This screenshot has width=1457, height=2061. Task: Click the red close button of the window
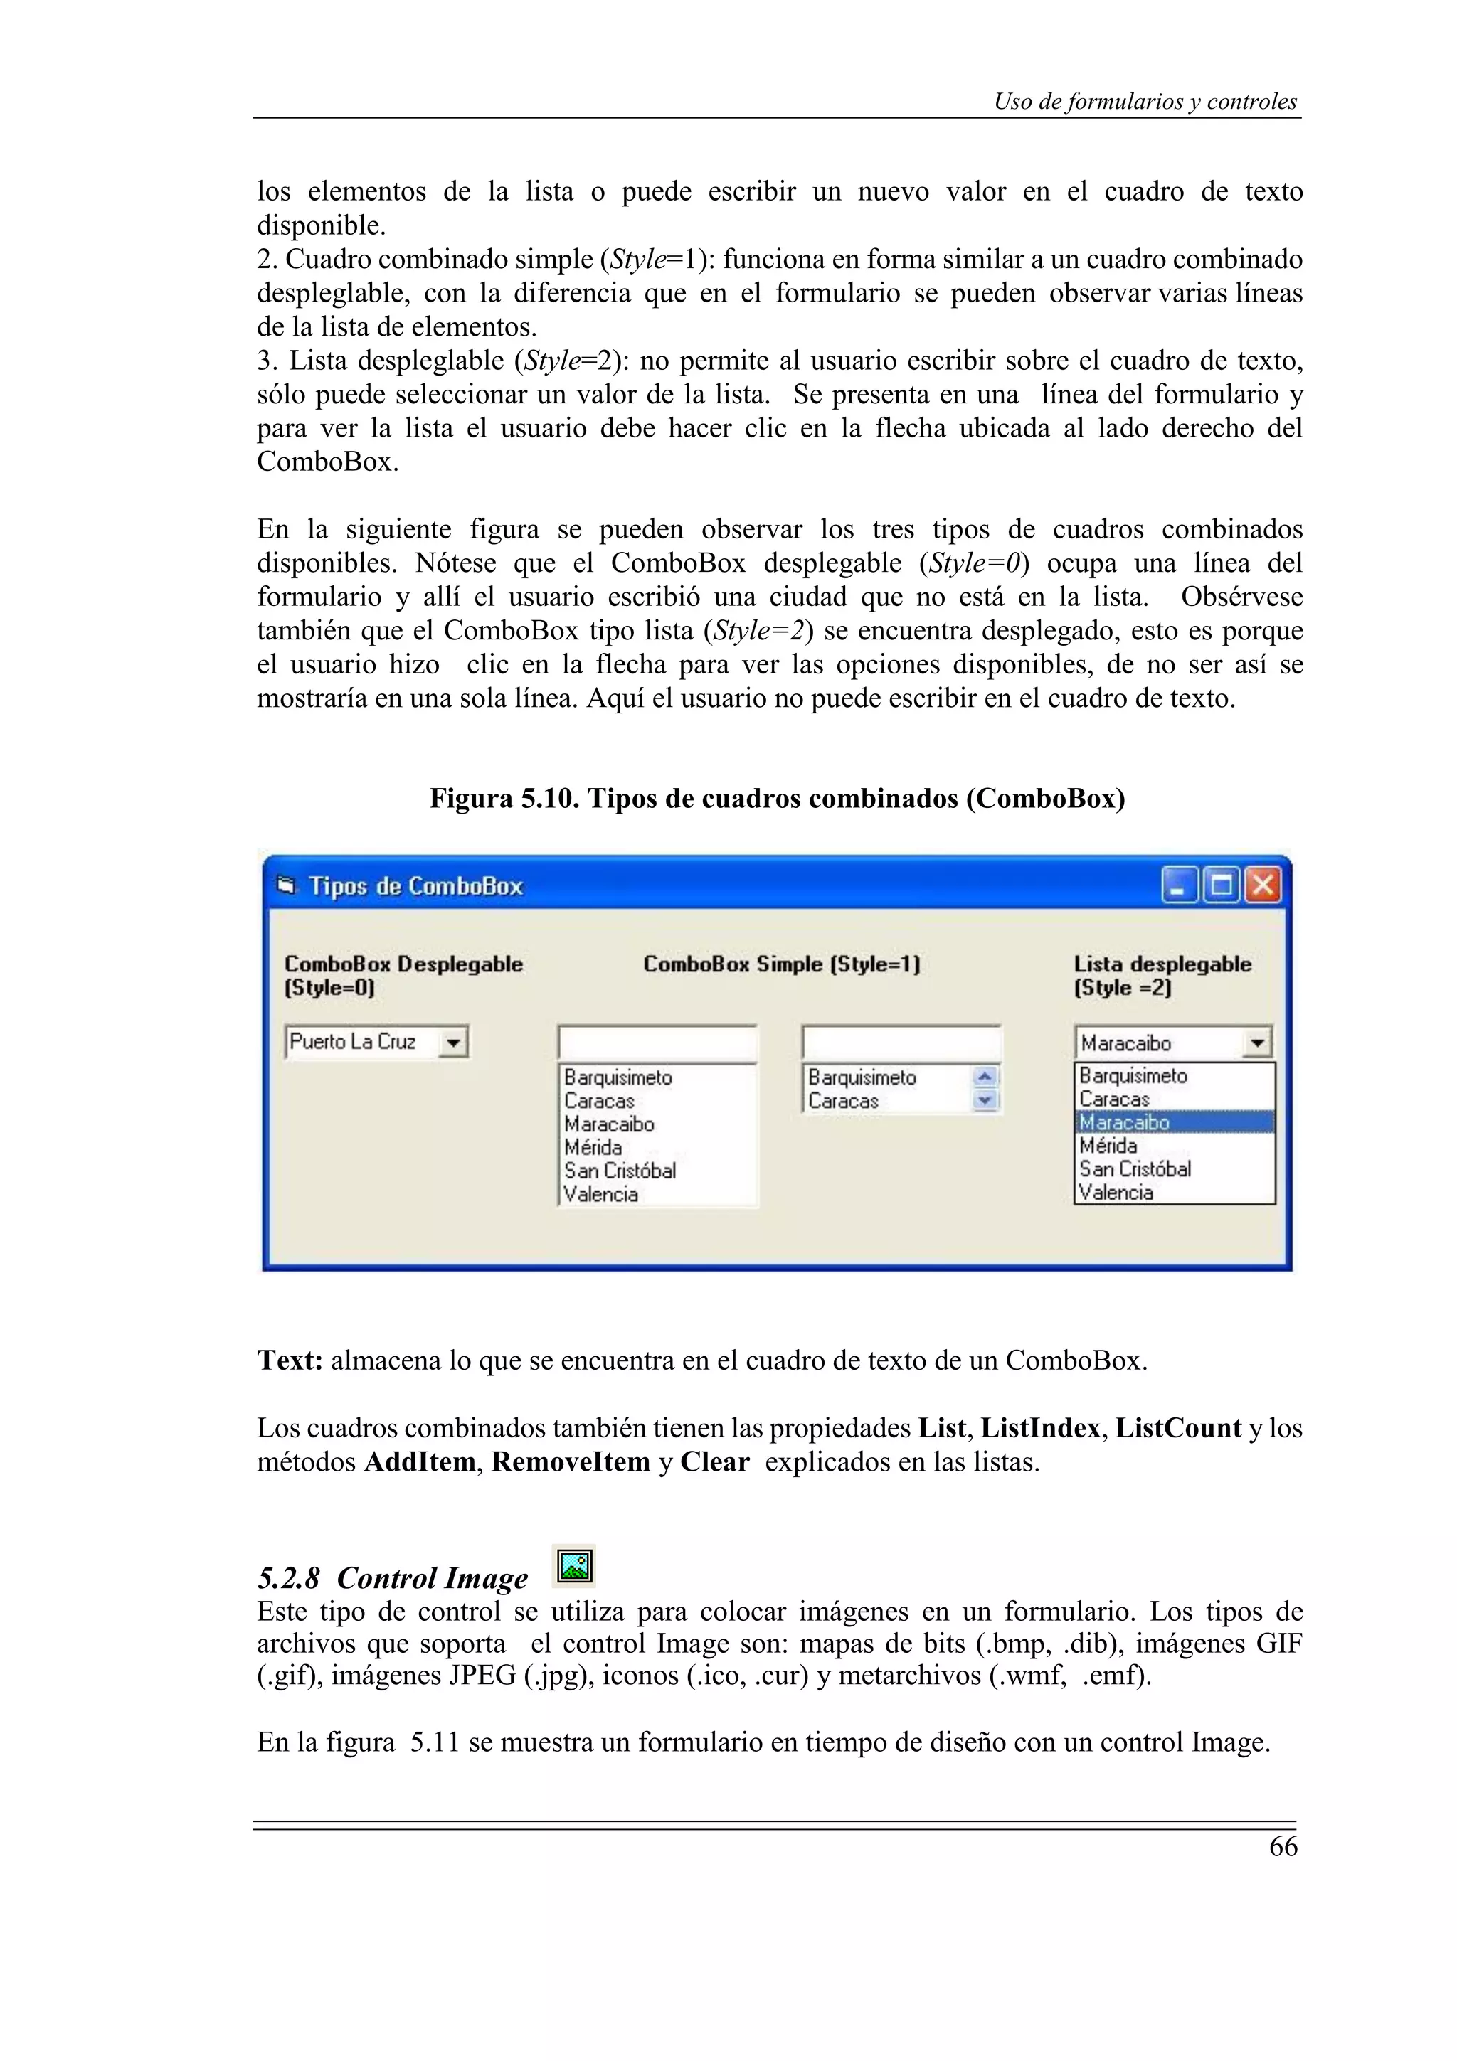pos(1261,886)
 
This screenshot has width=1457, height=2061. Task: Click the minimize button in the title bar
pos(1179,886)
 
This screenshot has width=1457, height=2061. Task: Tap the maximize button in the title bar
pos(1220,886)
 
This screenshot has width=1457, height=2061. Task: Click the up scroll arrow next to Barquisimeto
pos(986,1076)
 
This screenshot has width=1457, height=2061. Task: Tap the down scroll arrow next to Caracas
pos(986,1100)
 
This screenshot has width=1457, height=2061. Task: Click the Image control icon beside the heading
pos(575,1567)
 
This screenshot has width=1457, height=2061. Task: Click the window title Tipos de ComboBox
pos(415,887)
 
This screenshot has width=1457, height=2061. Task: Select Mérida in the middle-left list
pos(593,1147)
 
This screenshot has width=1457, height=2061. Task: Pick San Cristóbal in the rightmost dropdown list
pos(1135,1168)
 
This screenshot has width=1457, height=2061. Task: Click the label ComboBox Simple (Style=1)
pos(781,964)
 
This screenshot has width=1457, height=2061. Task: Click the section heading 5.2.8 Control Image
pos(393,1578)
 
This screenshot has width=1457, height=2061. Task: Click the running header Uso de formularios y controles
pos(1145,102)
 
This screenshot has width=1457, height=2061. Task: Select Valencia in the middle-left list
pos(600,1194)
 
